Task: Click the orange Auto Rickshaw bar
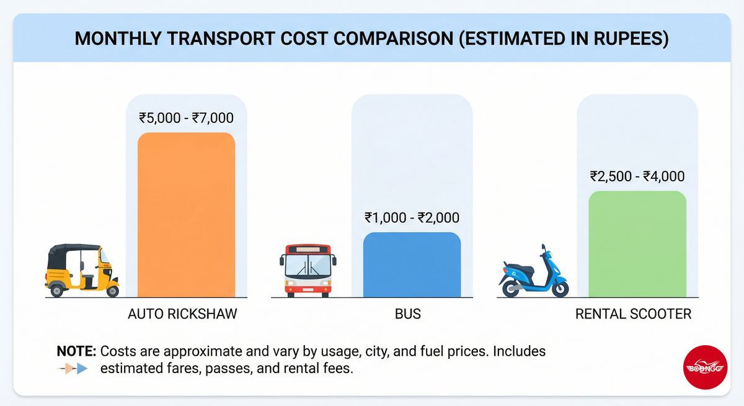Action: (186, 215)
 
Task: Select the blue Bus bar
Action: (412, 265)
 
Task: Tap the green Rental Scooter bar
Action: (637, 244)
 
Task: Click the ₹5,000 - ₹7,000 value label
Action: (186, 118)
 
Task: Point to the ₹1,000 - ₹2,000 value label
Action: (412, 218)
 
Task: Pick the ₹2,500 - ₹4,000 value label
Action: (637, 176)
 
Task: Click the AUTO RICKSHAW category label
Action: (182, 314)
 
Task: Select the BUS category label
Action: (407, 314)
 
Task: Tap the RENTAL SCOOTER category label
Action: (633, 314)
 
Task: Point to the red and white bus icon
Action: (308, 271)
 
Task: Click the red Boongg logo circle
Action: (705, 368)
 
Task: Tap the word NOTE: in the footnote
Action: (76, 351)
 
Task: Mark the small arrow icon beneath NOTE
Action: (74, 369)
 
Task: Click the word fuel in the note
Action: (454, 351)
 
